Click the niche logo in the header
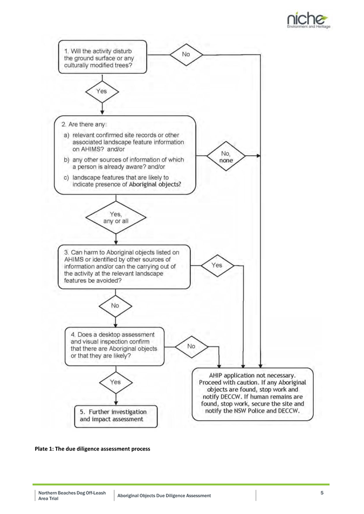tap(308, 20)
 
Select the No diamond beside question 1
tap(186, 54)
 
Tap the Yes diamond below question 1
tap(102, 92)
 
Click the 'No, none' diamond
tap(226, 157)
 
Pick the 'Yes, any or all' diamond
tap(116, 218)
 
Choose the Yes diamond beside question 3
tap(217, 265)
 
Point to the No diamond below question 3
tap(115, 306)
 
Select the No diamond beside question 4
tap(191, 346)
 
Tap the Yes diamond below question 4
tap(115, 382)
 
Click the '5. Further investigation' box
tap(116, 416)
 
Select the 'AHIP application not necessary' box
tap(252, 394)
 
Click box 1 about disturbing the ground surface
tap(102, 57)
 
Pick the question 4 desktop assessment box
tap(114, 346)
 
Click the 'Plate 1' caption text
tap(93, 449)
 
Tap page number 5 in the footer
tap(322, 492)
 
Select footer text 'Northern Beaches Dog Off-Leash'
tap(72, 492)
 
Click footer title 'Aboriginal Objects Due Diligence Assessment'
tap(164, 496)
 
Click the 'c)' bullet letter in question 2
tap(66, 178)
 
